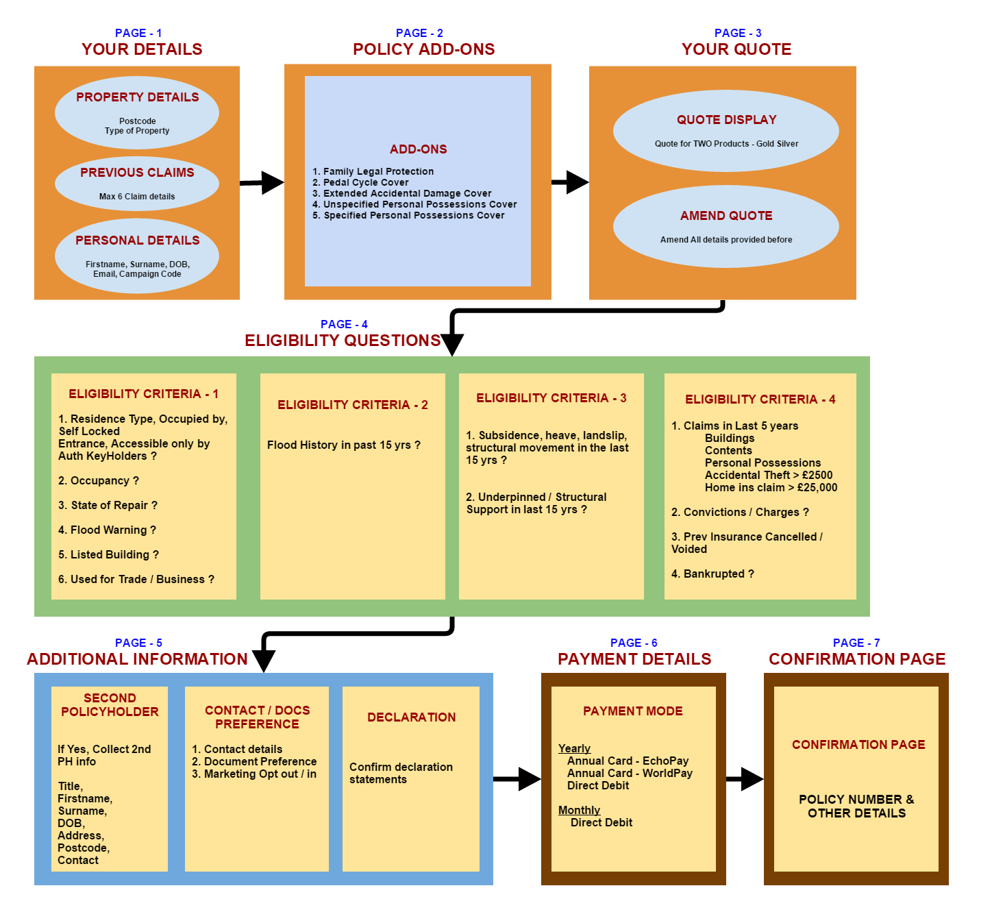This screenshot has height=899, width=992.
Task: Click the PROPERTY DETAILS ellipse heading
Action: point(137,97)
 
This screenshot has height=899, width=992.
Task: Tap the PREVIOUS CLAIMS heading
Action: point(137,173)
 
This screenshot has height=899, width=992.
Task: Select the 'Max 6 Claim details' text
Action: point(137,197)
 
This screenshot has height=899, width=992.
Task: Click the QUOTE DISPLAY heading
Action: point(726,120)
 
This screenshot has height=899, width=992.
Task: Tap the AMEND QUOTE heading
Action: point(726,216)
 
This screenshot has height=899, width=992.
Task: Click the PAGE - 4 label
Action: point(344,324)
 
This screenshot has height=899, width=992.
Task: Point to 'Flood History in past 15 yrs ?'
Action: point(344,445)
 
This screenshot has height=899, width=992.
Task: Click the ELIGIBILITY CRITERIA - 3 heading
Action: point(551,398)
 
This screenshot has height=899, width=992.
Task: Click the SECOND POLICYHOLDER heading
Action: point(110,705)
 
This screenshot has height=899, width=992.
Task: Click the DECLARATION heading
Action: point(411,717)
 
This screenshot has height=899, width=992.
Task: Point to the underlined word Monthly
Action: point(579,810)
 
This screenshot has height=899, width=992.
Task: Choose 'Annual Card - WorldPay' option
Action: point(630,773)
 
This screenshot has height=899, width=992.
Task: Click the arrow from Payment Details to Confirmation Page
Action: point(745,778)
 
